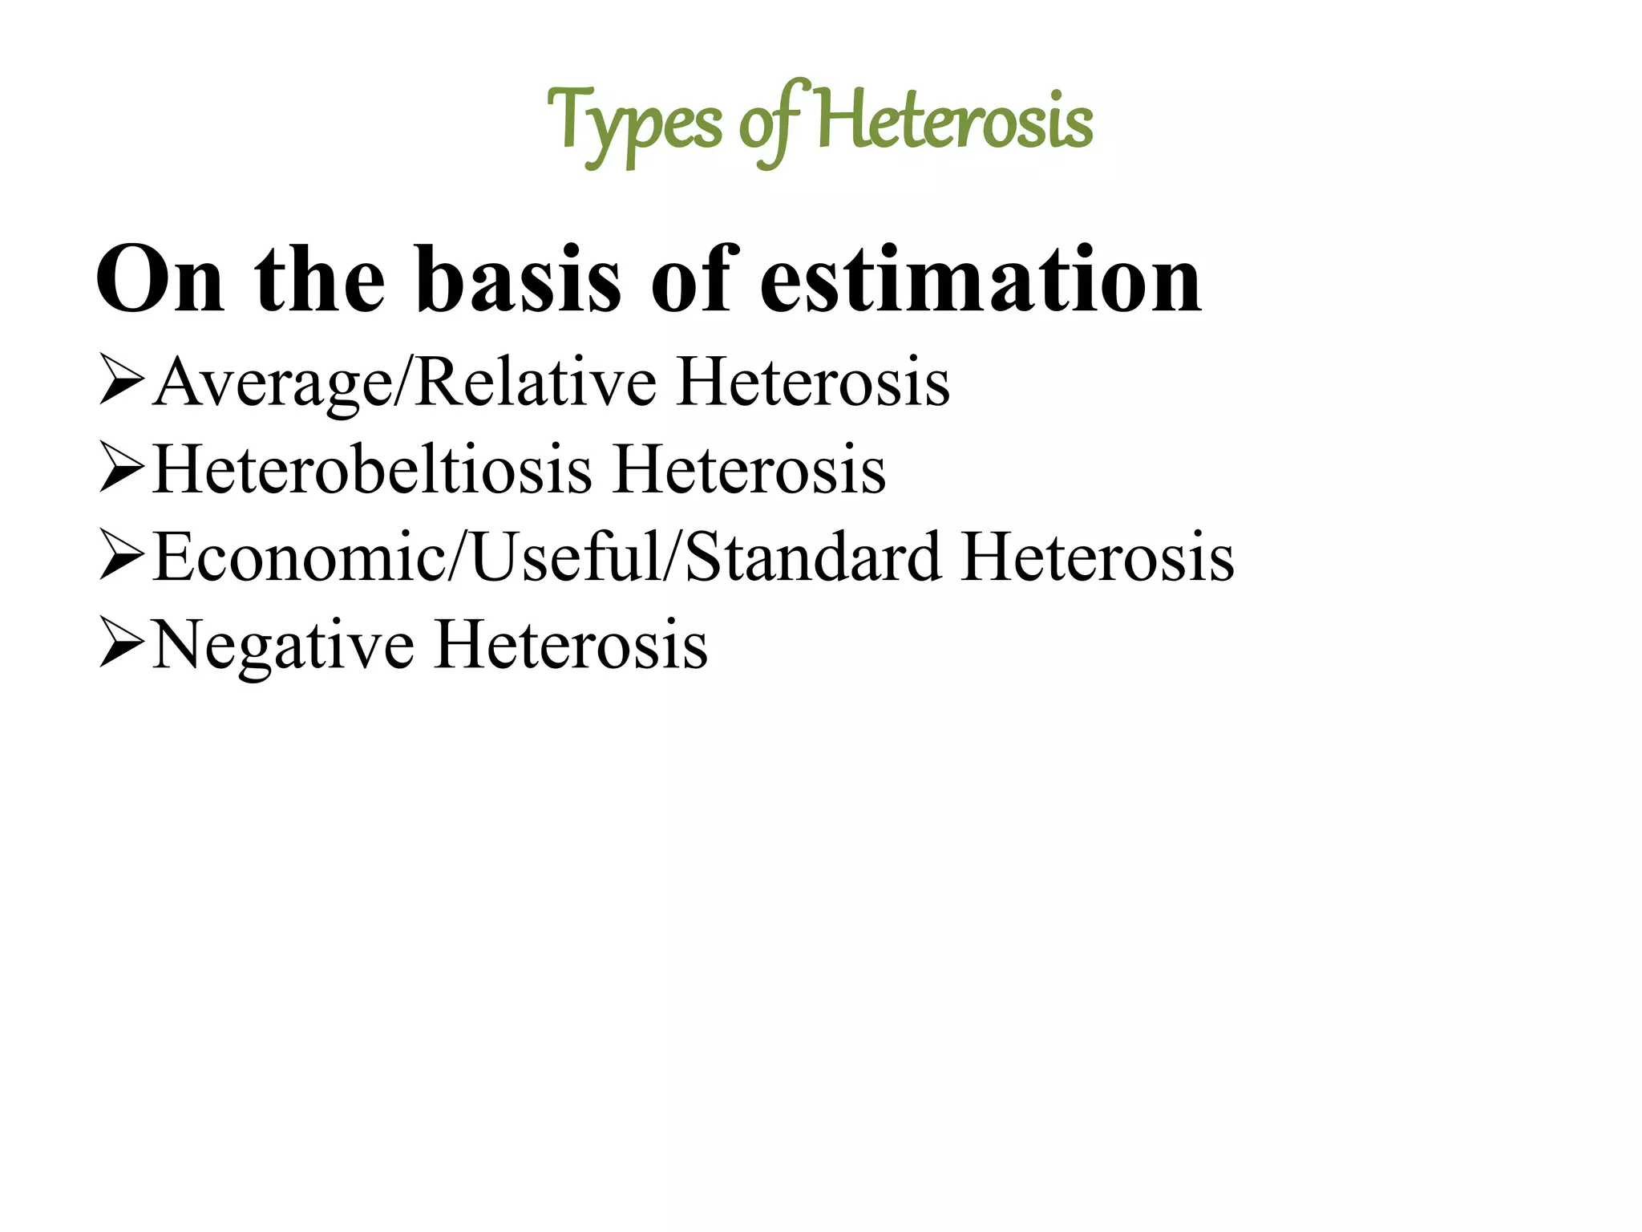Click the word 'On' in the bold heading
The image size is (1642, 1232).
(x=160, y=280)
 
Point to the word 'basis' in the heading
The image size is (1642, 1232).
(x=518, y=280)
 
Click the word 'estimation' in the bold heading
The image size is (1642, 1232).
(x=980, y=280)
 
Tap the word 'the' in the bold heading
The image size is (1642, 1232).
(x=320, y=280)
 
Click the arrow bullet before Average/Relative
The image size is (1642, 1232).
(x=121, y=383)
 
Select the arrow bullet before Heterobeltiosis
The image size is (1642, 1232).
(x=121, y=472)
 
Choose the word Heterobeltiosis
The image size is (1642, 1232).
(x=372, y=472)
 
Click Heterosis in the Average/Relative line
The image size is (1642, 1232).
(x=813, y=383)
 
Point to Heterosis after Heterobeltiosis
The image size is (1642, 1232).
(x=750, y=472)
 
